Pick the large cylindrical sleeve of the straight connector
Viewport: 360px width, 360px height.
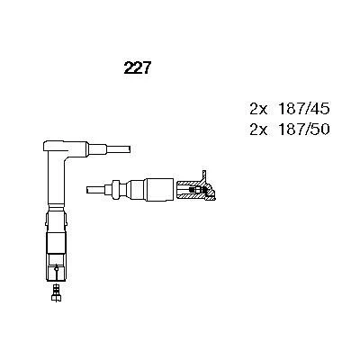pyautogui.click(x=157, y=188)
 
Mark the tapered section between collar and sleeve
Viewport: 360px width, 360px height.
pyautogui.click(x=132, y=188)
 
